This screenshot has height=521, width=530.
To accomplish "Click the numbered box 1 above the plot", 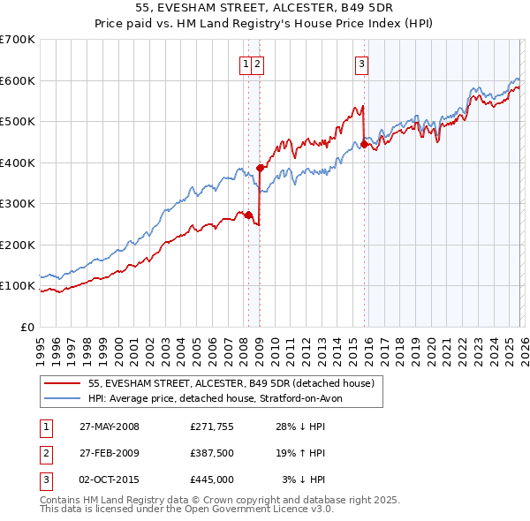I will coord(245,63).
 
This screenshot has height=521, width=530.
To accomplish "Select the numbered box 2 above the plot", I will coord(257,63).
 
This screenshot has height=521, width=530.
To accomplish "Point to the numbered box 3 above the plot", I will coord(362,63).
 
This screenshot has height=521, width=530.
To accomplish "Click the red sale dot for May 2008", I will coord(248,215).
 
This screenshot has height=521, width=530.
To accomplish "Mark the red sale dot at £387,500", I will coord(260,168).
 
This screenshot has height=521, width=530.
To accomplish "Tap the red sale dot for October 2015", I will coord(364,144).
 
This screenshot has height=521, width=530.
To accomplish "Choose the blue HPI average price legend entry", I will coord(221,398).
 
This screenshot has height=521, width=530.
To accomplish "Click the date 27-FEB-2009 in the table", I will coord(109,453).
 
